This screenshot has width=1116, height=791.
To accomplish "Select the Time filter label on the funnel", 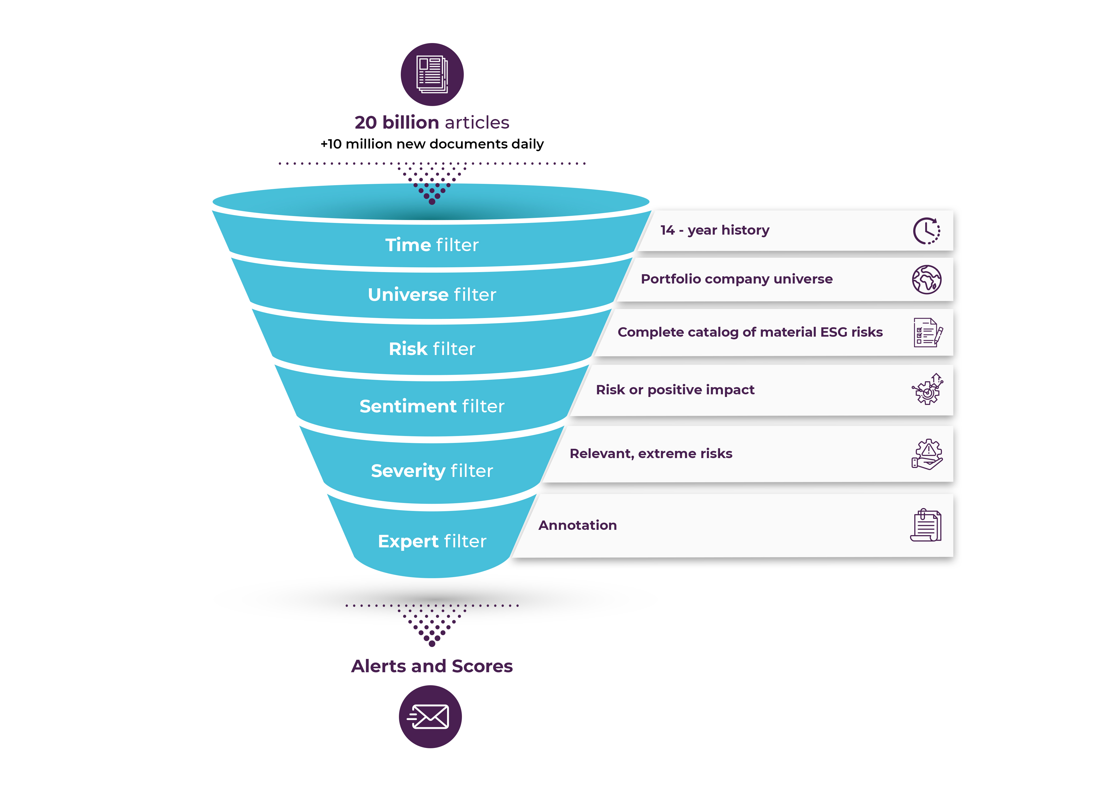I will click(432, 245).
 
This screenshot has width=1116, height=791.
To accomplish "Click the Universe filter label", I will click(432, 295).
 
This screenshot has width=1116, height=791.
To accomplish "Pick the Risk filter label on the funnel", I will click(432, 349).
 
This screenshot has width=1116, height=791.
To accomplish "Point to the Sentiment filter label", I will click(432, 406).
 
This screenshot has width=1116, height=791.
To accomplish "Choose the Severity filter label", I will click(432, 471).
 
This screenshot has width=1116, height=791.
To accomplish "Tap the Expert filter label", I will click(432, 541).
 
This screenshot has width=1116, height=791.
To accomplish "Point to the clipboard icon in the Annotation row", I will click(925, 525).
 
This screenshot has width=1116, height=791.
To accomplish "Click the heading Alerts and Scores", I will click(432, 666).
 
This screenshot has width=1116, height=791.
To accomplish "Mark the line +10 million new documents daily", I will click(432, 144).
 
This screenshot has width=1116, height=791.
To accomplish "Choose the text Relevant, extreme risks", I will click(651, 454).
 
